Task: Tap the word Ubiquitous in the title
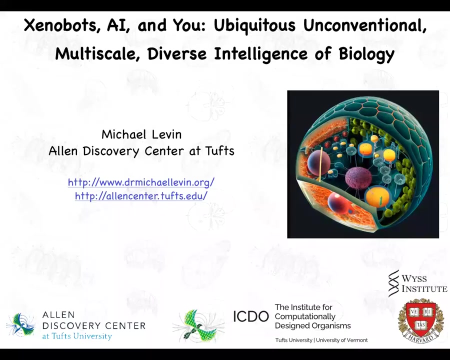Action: [x=254, y=26]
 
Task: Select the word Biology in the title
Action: [x=366, y=54]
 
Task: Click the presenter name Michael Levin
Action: [x=141, y=134]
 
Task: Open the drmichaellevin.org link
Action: [x=141, y=182]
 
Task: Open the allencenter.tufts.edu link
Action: [x=141, y=196]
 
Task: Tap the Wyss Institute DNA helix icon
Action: [x=394, y=283]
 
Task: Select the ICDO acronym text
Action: [x=251, y=316]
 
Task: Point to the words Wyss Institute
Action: [x=424, y=283]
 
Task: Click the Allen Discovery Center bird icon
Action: [x=20, y=325]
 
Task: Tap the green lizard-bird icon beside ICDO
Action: [x=198, y=326]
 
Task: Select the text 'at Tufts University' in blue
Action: [x=77, y=336]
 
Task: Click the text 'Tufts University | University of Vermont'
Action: [x=321, y=340]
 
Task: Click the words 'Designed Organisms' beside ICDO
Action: [x=313, y=326]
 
